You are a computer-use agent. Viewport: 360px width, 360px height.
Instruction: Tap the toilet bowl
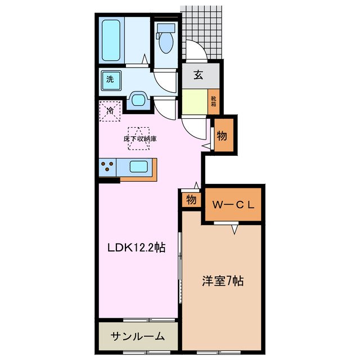(166, 40)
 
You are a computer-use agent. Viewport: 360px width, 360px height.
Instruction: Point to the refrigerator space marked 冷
(110, 110)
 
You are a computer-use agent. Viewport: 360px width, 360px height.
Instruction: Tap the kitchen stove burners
(108, 167)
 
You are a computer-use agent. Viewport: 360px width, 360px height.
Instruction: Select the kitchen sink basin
(139, 167)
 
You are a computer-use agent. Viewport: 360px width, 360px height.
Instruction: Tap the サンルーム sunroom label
(137, 336)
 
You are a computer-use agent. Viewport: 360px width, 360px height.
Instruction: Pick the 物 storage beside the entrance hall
(222, 136)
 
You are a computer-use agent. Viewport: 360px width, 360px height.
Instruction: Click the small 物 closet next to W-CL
(191, 200)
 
